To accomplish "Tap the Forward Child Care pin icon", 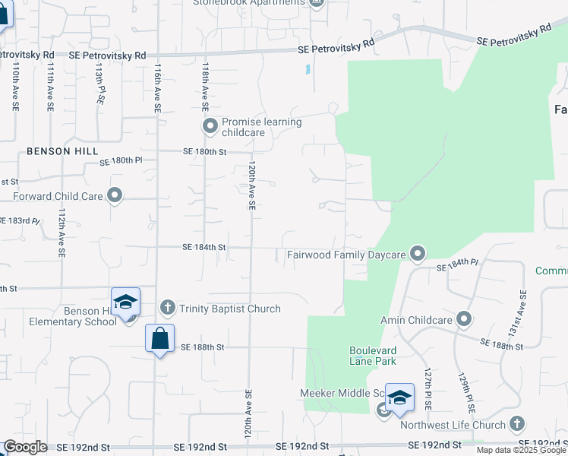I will pos(115,196).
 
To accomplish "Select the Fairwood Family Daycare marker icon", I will pos(417,252).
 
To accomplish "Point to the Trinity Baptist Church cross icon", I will pos(169,307).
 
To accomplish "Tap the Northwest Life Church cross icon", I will pos(517,423).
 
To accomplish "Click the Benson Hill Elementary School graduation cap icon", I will pos(125,302).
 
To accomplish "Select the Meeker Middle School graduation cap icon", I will pos(399,397).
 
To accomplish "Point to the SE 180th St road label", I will pos(205,152).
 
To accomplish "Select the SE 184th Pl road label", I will pos(457,268).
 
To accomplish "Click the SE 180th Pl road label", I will pos(121,161).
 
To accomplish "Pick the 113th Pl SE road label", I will pos(99,84).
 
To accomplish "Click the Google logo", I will pos(25,447).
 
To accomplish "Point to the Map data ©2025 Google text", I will pos(521,450).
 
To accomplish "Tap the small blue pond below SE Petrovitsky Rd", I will pos(308,70).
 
